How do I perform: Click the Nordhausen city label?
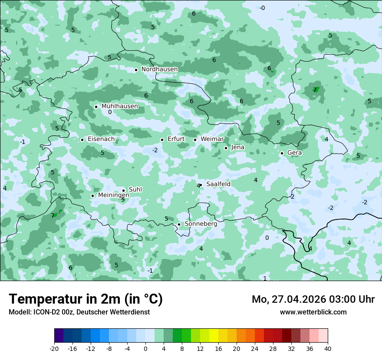pyautogui.click(x=159, y=69)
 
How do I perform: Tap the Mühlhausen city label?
pyautogui.click(x=120, y=106)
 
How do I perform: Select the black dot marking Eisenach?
pyautogui.click(x=82, y=140)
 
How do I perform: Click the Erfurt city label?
pyautogui.click(x=176, y=139)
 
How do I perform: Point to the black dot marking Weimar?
pyautogui.click(x=195, y=140)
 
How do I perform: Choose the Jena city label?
pyautogui.click(x=237, y=147)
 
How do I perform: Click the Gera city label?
pyautogui.click(x=294, y=153)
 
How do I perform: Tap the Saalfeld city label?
pyautogui.click(x=218, y=184)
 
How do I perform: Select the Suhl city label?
pyautogui.click(x=135, y=190)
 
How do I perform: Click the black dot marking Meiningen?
pyautogui.click(x=92, y=196)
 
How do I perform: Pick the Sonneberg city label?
pyautogui.click(x=201, y=224)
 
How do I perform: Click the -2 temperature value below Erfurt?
pyautogui.click(x=155, y=151)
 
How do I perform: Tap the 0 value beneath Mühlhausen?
pyautogui.click(x=110, y=112)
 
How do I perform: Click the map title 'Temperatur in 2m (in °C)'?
pyautogui.click(x=86, y=299)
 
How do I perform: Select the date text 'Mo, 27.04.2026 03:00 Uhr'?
pyautogui.click(x=313, y=299)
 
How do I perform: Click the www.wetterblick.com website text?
pyautogui.click(x=313, y=312)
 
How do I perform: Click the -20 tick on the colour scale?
pyautogui.click(x=54, y=348)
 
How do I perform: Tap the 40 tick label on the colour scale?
pyautogui.click(x=327, y=348)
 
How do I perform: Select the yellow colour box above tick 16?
pyautogui.click(x=218, y=336)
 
